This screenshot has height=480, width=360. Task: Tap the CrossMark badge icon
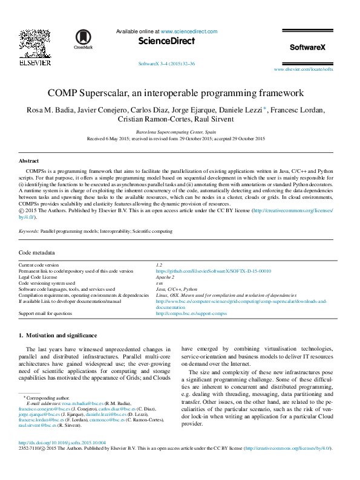click(82, 37)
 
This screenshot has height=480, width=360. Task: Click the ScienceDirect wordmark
click(167, 41)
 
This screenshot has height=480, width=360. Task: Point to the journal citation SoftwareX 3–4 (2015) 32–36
click(166, 63)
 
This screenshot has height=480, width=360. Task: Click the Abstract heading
click(28, 161)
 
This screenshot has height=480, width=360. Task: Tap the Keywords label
click(29, 232)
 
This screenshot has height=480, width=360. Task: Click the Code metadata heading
click(37, 253)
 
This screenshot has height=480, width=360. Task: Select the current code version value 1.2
click(159, 265)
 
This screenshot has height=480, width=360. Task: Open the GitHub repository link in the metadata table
click(213, 271)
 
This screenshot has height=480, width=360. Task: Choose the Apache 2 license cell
click(165, 277)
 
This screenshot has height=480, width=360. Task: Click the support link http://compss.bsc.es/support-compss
click(191, 314)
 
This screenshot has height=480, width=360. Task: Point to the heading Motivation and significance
click(57, 335)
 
